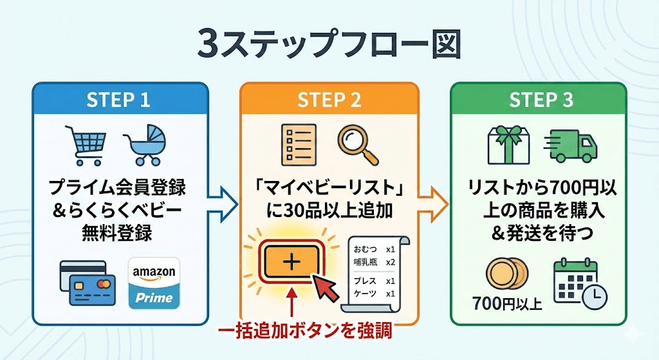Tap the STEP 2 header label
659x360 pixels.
(x=329, y=100)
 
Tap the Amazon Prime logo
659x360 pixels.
(x=154, y=283)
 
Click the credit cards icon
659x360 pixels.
(x=87, y=285)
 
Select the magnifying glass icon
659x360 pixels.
(x=356, y=143)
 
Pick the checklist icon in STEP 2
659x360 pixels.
(x=299, y=143)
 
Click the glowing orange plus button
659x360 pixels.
(x=292, y=261)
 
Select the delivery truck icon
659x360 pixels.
(x=571, y=145)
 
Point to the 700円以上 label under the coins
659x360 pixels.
(x=506, y=302)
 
